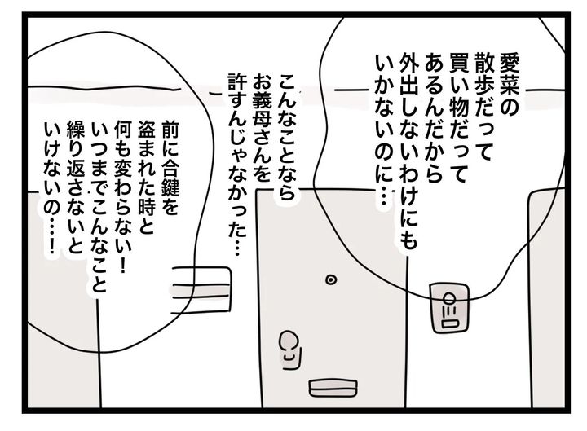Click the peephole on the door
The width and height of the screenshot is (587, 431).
click(330, 279)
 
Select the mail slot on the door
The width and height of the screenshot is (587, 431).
click(333, 388)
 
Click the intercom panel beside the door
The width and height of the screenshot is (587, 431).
click(449, 307)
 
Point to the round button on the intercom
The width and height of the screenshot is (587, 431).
click(449, 298)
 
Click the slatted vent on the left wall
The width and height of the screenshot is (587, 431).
click(201, 288)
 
